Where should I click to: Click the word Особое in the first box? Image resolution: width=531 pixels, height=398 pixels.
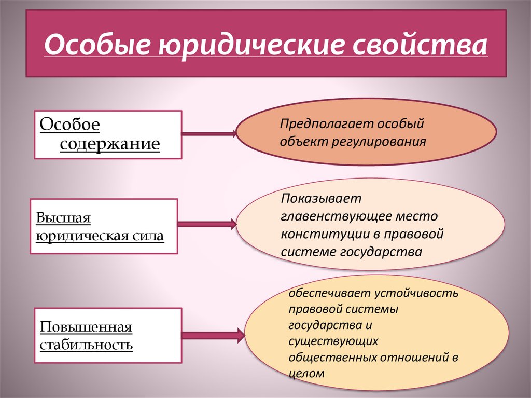pyautogui.click(x=69, y=125)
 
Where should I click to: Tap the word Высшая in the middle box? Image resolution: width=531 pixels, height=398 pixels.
pyautogui.click(x=63, y=217)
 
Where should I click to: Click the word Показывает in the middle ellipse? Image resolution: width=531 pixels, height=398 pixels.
pyautogui.click(x=321, y=199)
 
